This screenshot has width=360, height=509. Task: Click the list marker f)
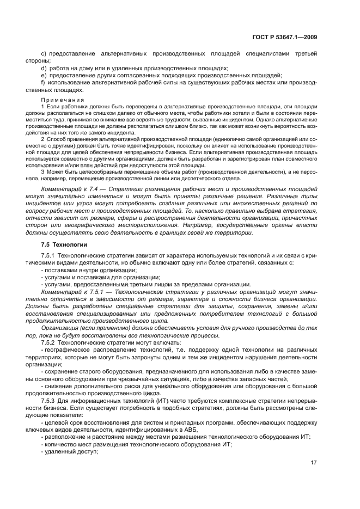(43, 82)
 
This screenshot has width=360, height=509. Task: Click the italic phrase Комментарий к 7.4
(65, 188)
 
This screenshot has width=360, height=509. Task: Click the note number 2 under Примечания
(42, 139)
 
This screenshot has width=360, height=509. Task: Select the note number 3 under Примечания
(42, 171)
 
